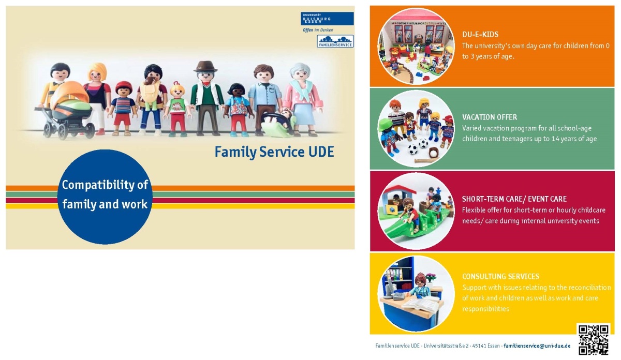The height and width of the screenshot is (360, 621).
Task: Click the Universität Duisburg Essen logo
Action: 327,18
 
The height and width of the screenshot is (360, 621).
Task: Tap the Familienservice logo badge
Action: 335,41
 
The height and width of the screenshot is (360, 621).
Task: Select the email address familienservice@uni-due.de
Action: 537,346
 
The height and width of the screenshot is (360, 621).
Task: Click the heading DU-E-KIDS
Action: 480,34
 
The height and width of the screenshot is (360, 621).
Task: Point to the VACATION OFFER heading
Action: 490,117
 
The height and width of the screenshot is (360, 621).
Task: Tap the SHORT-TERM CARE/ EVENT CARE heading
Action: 514,199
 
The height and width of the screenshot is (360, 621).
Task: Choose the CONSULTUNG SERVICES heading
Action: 500,276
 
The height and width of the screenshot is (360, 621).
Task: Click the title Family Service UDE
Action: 274,152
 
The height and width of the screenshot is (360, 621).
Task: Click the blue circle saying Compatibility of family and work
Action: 105,197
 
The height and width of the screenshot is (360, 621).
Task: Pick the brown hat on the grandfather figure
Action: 205,67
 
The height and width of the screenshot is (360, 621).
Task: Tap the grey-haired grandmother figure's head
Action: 300,71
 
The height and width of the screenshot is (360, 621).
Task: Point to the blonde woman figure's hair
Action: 97,71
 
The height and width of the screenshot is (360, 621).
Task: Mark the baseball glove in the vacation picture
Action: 433,153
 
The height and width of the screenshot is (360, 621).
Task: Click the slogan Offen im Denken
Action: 318,30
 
